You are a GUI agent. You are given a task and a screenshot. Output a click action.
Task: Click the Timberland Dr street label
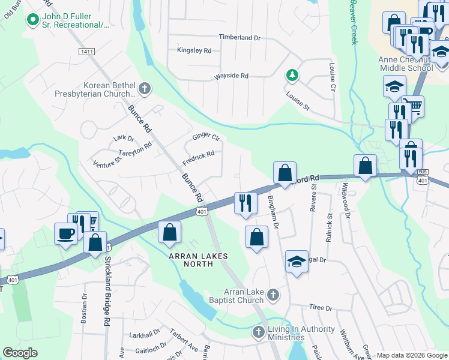tap(240, 37)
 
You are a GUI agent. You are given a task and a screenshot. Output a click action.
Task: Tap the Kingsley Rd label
tap(194, 50)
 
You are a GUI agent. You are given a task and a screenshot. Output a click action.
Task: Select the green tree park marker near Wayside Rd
tap(292, 75)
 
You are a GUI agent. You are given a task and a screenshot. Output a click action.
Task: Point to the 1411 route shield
tap(86, 52)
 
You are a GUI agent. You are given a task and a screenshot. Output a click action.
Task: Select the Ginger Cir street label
tap(206, 137)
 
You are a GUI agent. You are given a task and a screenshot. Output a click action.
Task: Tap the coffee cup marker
tap(65, 233)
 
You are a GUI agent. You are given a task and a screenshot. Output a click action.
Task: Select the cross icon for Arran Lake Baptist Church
tap(273, 295)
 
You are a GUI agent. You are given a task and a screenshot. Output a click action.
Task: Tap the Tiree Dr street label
tap(321, 308)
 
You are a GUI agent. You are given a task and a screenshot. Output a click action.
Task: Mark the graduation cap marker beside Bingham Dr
tap(296, 261)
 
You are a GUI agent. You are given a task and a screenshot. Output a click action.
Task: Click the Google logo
tap(20, 353)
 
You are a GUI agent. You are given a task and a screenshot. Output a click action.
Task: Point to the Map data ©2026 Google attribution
tap(411, 355)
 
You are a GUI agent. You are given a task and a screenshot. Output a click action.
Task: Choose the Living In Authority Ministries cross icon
tap(258, 331)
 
